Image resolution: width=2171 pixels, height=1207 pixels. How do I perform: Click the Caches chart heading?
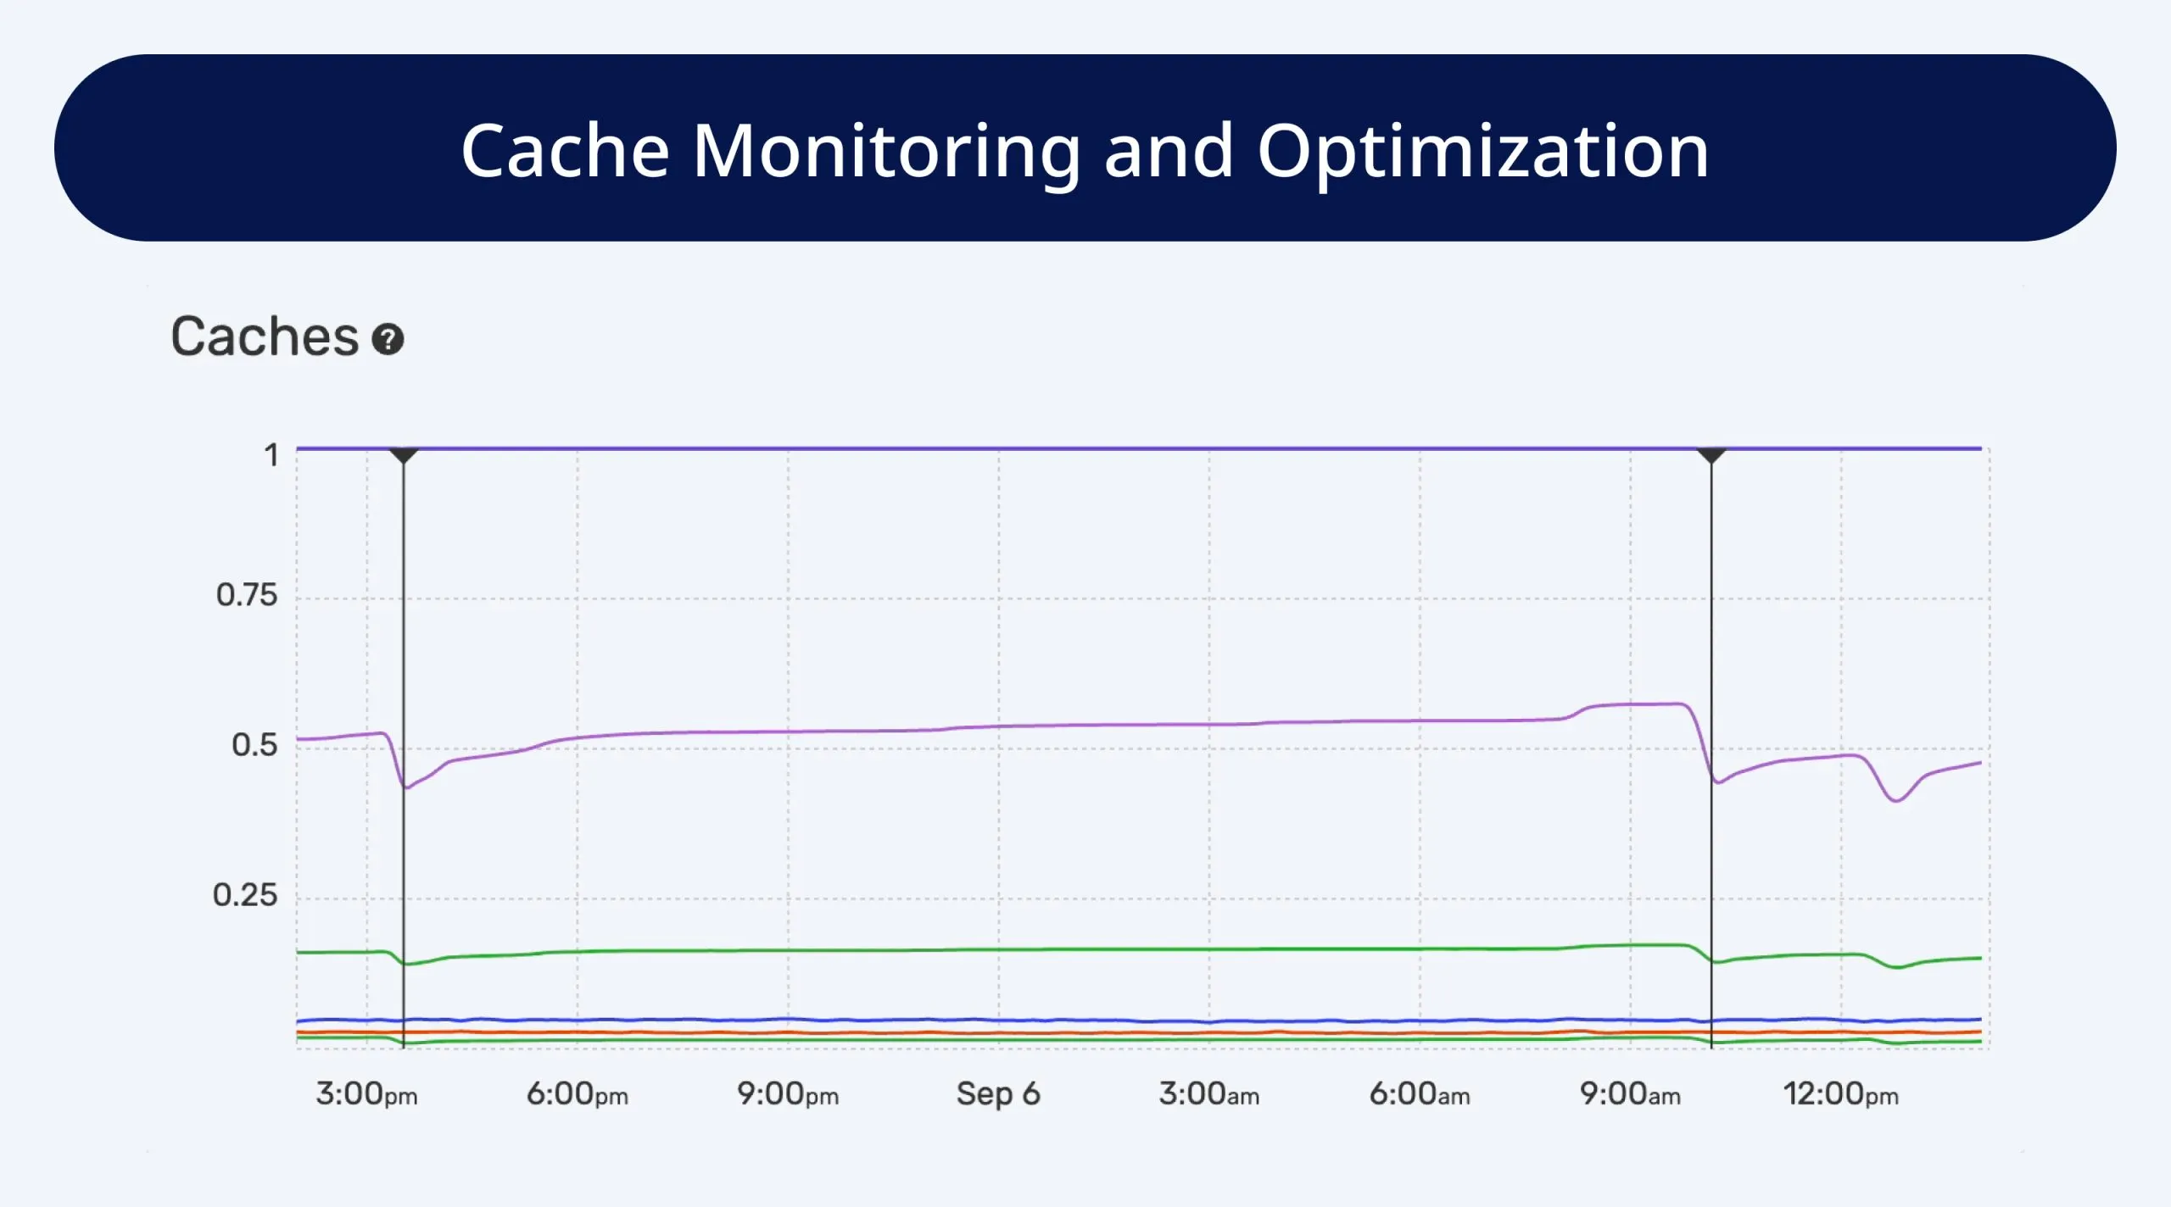pyautogui.click(x=265, y=337)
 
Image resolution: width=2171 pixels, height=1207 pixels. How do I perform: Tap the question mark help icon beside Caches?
pyautogui.click(x=388, y=340)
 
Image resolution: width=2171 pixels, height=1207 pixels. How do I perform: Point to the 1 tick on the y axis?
pyautogui.click(x=271, y=455)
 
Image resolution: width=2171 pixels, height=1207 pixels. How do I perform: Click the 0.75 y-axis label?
pyautogui.click(x=246, y=595)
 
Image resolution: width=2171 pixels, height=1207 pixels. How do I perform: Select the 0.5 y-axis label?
pyautogui.click(x=254, y=745)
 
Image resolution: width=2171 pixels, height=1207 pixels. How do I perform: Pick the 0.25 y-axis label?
pyautogui.click(x=244, y=895)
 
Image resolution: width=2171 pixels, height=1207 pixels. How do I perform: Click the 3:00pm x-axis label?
pyautogui.click(x=366, y=1094)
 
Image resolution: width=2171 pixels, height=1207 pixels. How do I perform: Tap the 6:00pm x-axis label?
pyautogui.click(x=577, y=1094)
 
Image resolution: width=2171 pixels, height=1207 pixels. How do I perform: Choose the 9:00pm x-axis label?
pyautogui.click(x=787, y=1094)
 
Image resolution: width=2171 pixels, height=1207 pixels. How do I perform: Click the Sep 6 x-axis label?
pyautogui.click(x=998, y=1094)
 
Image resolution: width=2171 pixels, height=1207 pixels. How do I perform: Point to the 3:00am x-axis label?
pyautogui.click(x=1208, y=1094)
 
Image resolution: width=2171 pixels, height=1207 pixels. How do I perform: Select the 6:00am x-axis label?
pyautogui.click(x=1419, y=1094)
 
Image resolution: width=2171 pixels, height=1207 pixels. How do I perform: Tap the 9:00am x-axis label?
pyautogui.click(x=1629, y=1094)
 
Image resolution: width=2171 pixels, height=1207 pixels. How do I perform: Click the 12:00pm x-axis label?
pyautogui.click(x=1840, y=1094)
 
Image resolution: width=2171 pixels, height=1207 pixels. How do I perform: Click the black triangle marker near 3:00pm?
pyautogui.click(x=404, y=456)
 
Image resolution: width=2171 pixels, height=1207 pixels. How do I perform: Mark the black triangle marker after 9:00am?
pyautogui.click(x=1711, y=456)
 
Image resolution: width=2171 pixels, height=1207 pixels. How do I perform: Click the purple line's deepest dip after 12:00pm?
pyautogui.click(x=1896, y=800)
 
